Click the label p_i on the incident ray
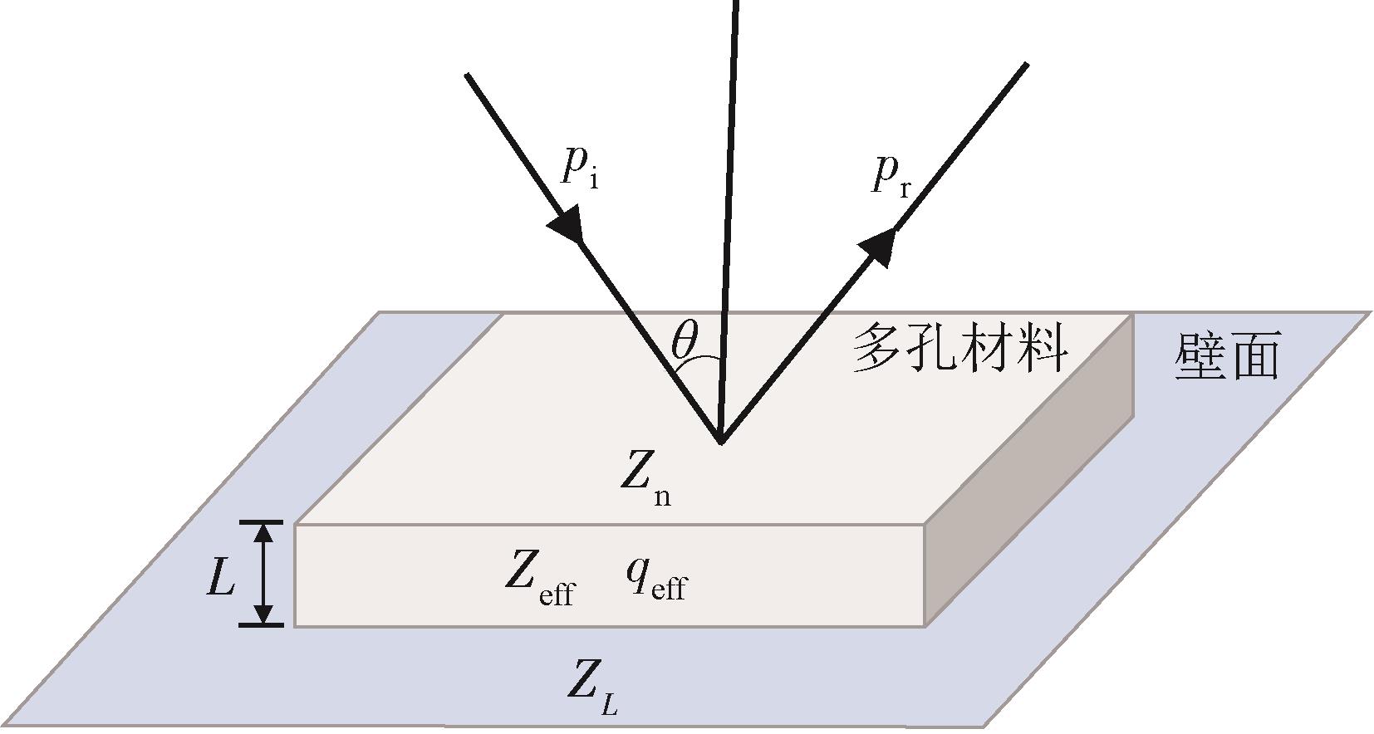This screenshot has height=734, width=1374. pyautogui.click(x=579, y=169)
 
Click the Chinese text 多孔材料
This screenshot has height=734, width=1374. pyautogui.click(x=959, y=349)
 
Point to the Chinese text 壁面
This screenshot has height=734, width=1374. pyautogui.click(x=1226, y=357)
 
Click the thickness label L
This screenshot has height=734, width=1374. pyautogui.click(x=220, y=577)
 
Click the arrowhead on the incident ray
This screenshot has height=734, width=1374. pyautogui.click(x=567, y=225)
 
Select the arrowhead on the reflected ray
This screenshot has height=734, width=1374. pyautogui.click(x=878, y=246)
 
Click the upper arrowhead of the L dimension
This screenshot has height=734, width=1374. pyautogui.click(x=263, y=532)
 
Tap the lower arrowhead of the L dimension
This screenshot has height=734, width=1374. pyautogui.click(x=263, y=614)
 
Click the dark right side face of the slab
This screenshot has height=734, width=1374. pyautogui.click(x=1030, y=473)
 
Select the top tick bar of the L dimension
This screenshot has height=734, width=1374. pyautogui.click(x=262, y=522)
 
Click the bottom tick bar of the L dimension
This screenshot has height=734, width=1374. pyautogui.click(x=262, y=625)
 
